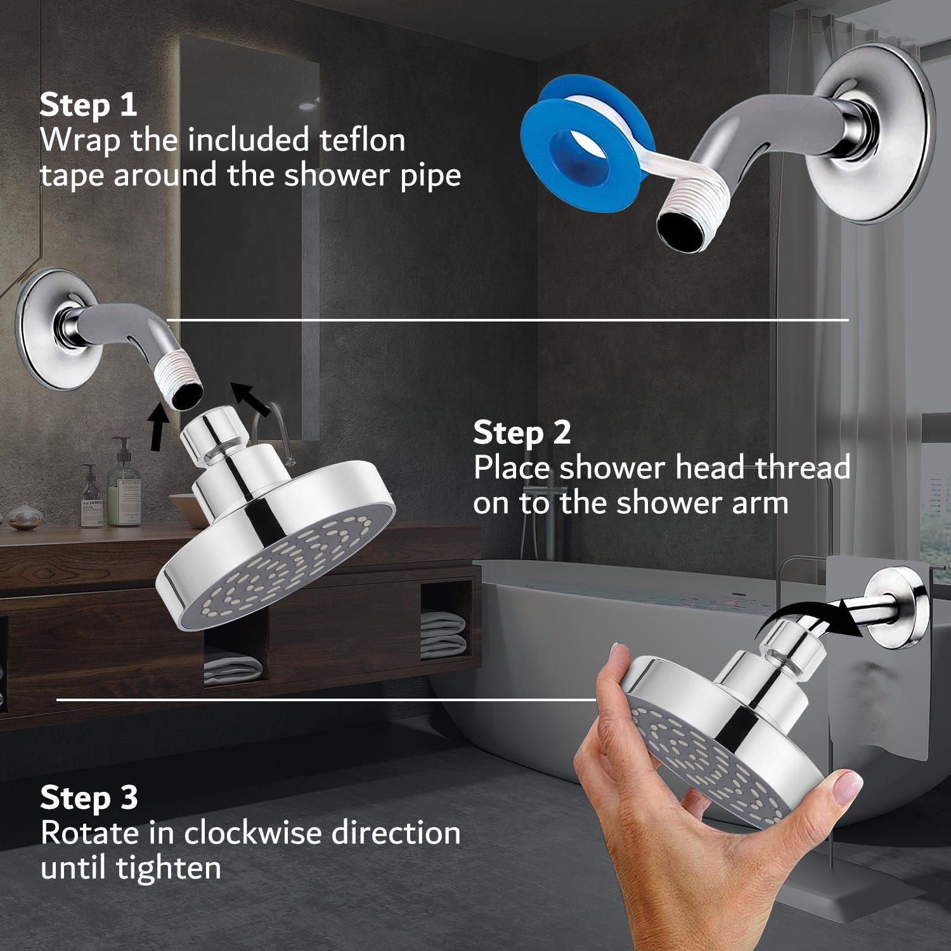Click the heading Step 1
(x=88, y=105)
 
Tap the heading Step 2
(x=522, y=432)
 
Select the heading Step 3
(x=89, y=798)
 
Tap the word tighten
(x=169, y=868)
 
